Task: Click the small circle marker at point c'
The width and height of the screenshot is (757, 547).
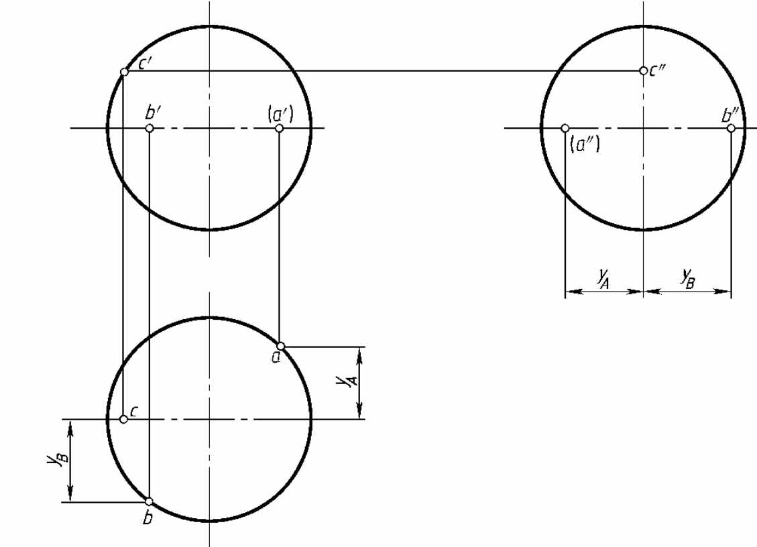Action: [x=124, y=72]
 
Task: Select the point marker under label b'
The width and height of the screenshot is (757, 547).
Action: [x=150, y=128]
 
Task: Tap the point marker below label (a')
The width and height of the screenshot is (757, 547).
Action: [x=279, y=128]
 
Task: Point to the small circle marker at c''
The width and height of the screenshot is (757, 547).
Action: [x=643, y=71]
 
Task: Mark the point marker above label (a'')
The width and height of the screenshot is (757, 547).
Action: [x=565, y=128]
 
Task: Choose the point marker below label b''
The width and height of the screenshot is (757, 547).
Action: [x=731, y=128]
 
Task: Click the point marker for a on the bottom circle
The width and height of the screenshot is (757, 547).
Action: [x=280, y=346]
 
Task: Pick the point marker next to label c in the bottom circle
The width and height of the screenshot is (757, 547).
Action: [x=123, y=419]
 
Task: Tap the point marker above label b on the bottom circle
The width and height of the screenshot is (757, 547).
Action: [x=149, y=501]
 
